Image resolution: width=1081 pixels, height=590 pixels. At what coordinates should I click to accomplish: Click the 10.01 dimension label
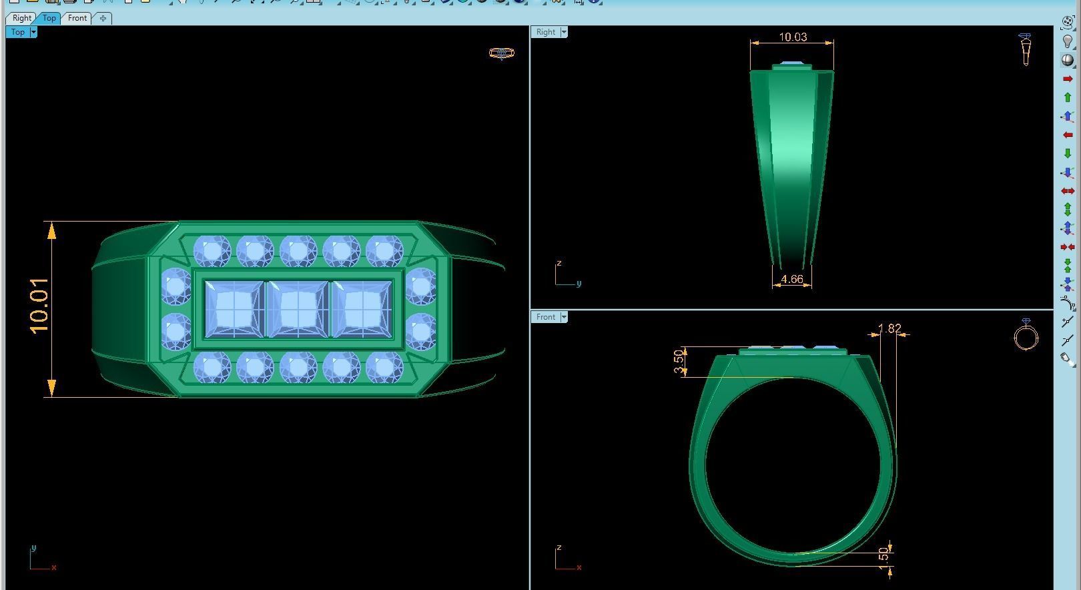click(39, 306)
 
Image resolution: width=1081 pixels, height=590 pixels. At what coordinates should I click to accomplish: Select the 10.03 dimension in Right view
click(793, 37)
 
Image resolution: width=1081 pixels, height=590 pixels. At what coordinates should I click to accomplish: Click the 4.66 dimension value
click(791, 280)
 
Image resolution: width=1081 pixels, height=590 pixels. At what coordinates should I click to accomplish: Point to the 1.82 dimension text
click(889, 328)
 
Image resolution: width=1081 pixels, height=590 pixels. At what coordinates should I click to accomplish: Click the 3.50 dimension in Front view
click(679, 361)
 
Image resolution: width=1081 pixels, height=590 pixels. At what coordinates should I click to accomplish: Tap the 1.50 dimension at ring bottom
click(883, 555)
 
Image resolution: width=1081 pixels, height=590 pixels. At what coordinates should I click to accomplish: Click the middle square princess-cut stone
click(297, 309)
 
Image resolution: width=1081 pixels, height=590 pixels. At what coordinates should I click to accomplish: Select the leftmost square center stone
click(234, 309)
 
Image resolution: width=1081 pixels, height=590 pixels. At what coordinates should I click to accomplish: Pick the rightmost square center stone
click(361, 309)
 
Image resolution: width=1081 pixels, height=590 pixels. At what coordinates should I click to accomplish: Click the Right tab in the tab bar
click(21, 18)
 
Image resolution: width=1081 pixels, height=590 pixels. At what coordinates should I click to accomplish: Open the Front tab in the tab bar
click(77, 18)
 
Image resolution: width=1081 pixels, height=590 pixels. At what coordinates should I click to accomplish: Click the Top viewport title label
click(18, 32)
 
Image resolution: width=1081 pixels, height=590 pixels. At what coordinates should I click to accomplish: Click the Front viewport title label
click(545, 317)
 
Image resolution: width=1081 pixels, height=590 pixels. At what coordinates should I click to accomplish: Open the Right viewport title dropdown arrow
click(564, 32)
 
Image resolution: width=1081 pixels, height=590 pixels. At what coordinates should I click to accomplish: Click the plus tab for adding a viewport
click(103, 18)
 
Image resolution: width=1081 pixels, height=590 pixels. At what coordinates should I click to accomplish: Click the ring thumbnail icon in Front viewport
click(1026, 335)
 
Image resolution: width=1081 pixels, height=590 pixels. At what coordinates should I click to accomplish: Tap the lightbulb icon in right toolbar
click(1067, 41)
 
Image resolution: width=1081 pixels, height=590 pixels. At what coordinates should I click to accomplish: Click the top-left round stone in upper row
click(212, 252)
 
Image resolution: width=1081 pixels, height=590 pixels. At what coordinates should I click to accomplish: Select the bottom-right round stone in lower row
click(384, 367)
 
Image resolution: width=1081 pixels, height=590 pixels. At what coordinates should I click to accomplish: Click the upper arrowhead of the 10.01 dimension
click(51, 231)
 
